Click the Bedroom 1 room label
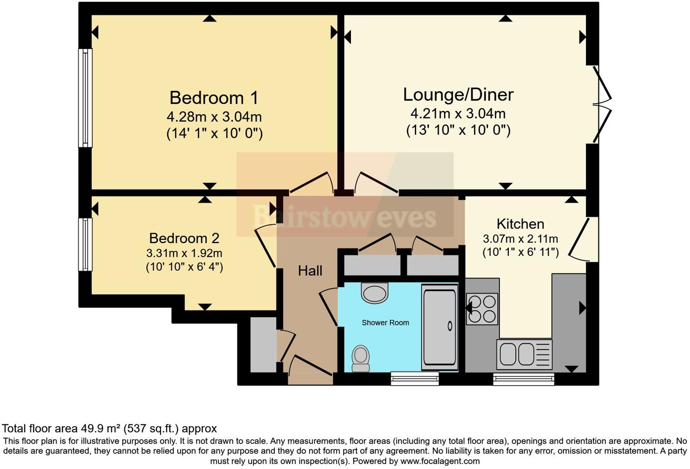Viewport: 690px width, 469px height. (x=214, y=98)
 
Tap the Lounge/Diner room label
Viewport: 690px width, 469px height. (x=458, y=95)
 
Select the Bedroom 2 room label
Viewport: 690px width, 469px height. (x=184, y=238)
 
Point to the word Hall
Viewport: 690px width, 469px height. (x=310, y=271)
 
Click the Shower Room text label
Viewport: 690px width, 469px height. (x=385, y=323)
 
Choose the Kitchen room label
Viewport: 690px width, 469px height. (x=520, y=224)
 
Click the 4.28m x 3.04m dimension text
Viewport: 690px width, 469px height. (x=214, y=117)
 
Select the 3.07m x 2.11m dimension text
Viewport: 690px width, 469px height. (x=520, y=239)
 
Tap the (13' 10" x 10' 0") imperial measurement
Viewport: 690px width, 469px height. (x=458, y=130)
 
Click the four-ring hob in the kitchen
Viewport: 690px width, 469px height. (x=482, y=309)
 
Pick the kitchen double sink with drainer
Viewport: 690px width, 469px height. (x=524, y=354)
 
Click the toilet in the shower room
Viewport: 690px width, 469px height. (x=361, y=358)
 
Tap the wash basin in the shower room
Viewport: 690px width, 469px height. (x=375, y=292)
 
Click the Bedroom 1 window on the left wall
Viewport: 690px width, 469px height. (x=85, y=98)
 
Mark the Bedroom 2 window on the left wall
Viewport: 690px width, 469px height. (x=85, y=244)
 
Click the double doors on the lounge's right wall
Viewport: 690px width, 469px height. (x=601, y=105)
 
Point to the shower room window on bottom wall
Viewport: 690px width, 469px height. (x=415, y=378)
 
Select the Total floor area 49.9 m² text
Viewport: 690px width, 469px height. (x=109, y=428)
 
